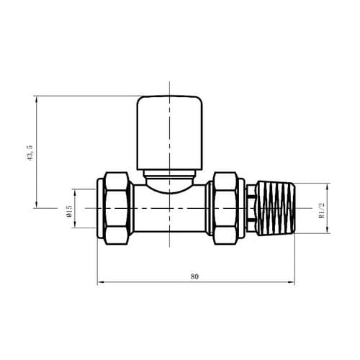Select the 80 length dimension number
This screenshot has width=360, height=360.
pos(194,274)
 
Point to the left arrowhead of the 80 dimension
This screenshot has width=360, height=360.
pos(99,282)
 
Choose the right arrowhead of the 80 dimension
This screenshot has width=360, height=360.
pos(293,282)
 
